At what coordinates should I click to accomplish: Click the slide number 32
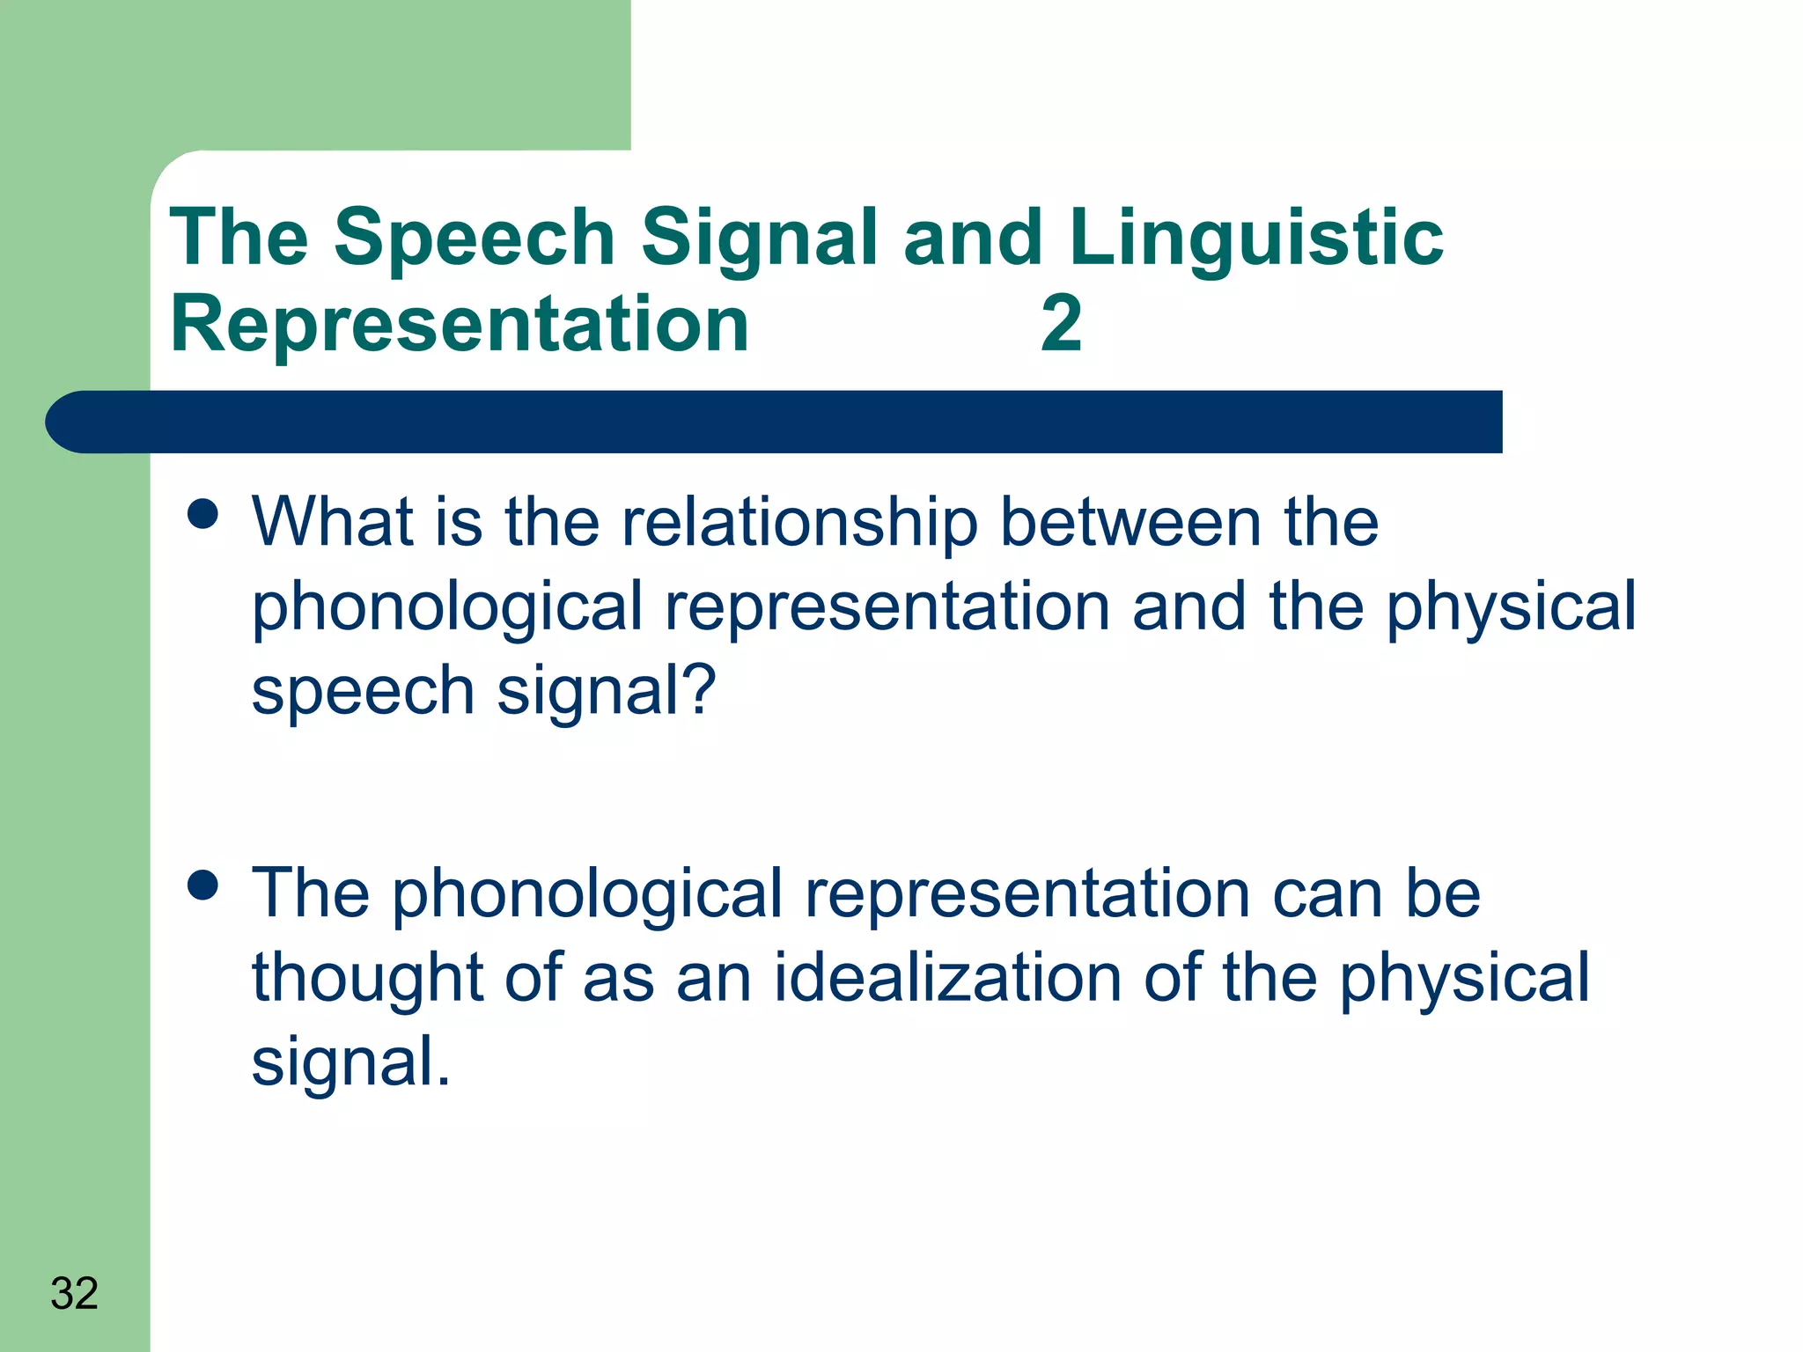pos(74,1293)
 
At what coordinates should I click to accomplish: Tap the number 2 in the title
pos(1061,323)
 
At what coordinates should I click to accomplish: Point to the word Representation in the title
pos(459,323)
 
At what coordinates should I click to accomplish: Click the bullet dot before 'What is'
pos(203,515)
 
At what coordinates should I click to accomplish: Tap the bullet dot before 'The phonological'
pos(203,885)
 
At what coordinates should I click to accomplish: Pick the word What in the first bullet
pos(332,522)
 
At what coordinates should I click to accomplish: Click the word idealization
pos(947,977)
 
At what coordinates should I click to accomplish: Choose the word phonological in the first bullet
pos(447,607)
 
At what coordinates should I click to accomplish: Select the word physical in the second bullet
pos(1464,977)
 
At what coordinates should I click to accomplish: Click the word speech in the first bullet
pos(363,691)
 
